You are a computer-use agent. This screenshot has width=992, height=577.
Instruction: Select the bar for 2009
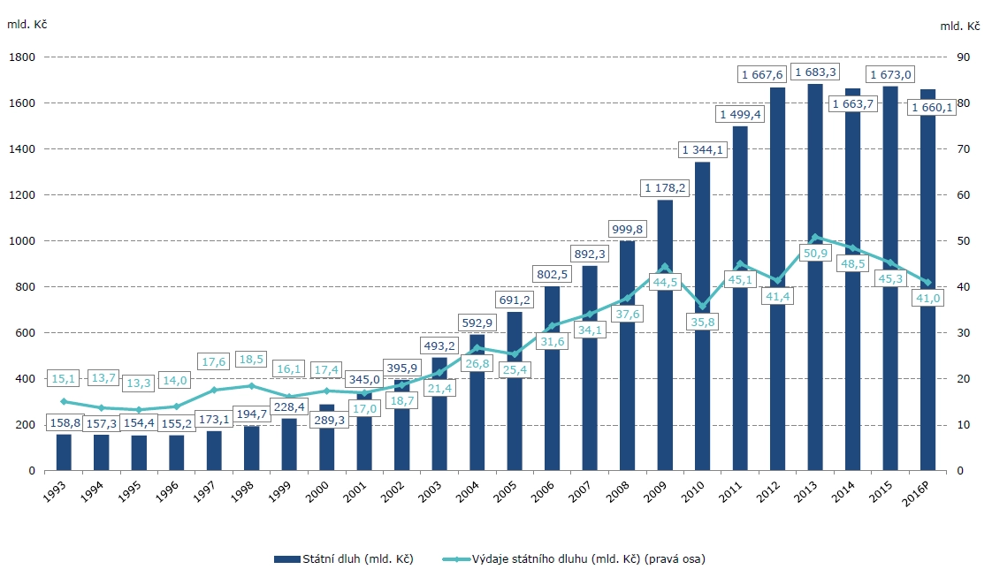point(665,371)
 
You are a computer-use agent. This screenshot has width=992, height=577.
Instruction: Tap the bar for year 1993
point(64,452)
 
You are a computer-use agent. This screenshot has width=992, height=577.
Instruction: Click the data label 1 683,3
point(815,72)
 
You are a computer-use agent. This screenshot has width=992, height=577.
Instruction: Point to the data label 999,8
point(627,229)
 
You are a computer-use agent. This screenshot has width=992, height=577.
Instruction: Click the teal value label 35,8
point(703,323)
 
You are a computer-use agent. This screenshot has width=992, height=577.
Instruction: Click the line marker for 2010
point(703,306)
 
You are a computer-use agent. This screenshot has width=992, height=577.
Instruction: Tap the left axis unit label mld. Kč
point(27,24)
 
